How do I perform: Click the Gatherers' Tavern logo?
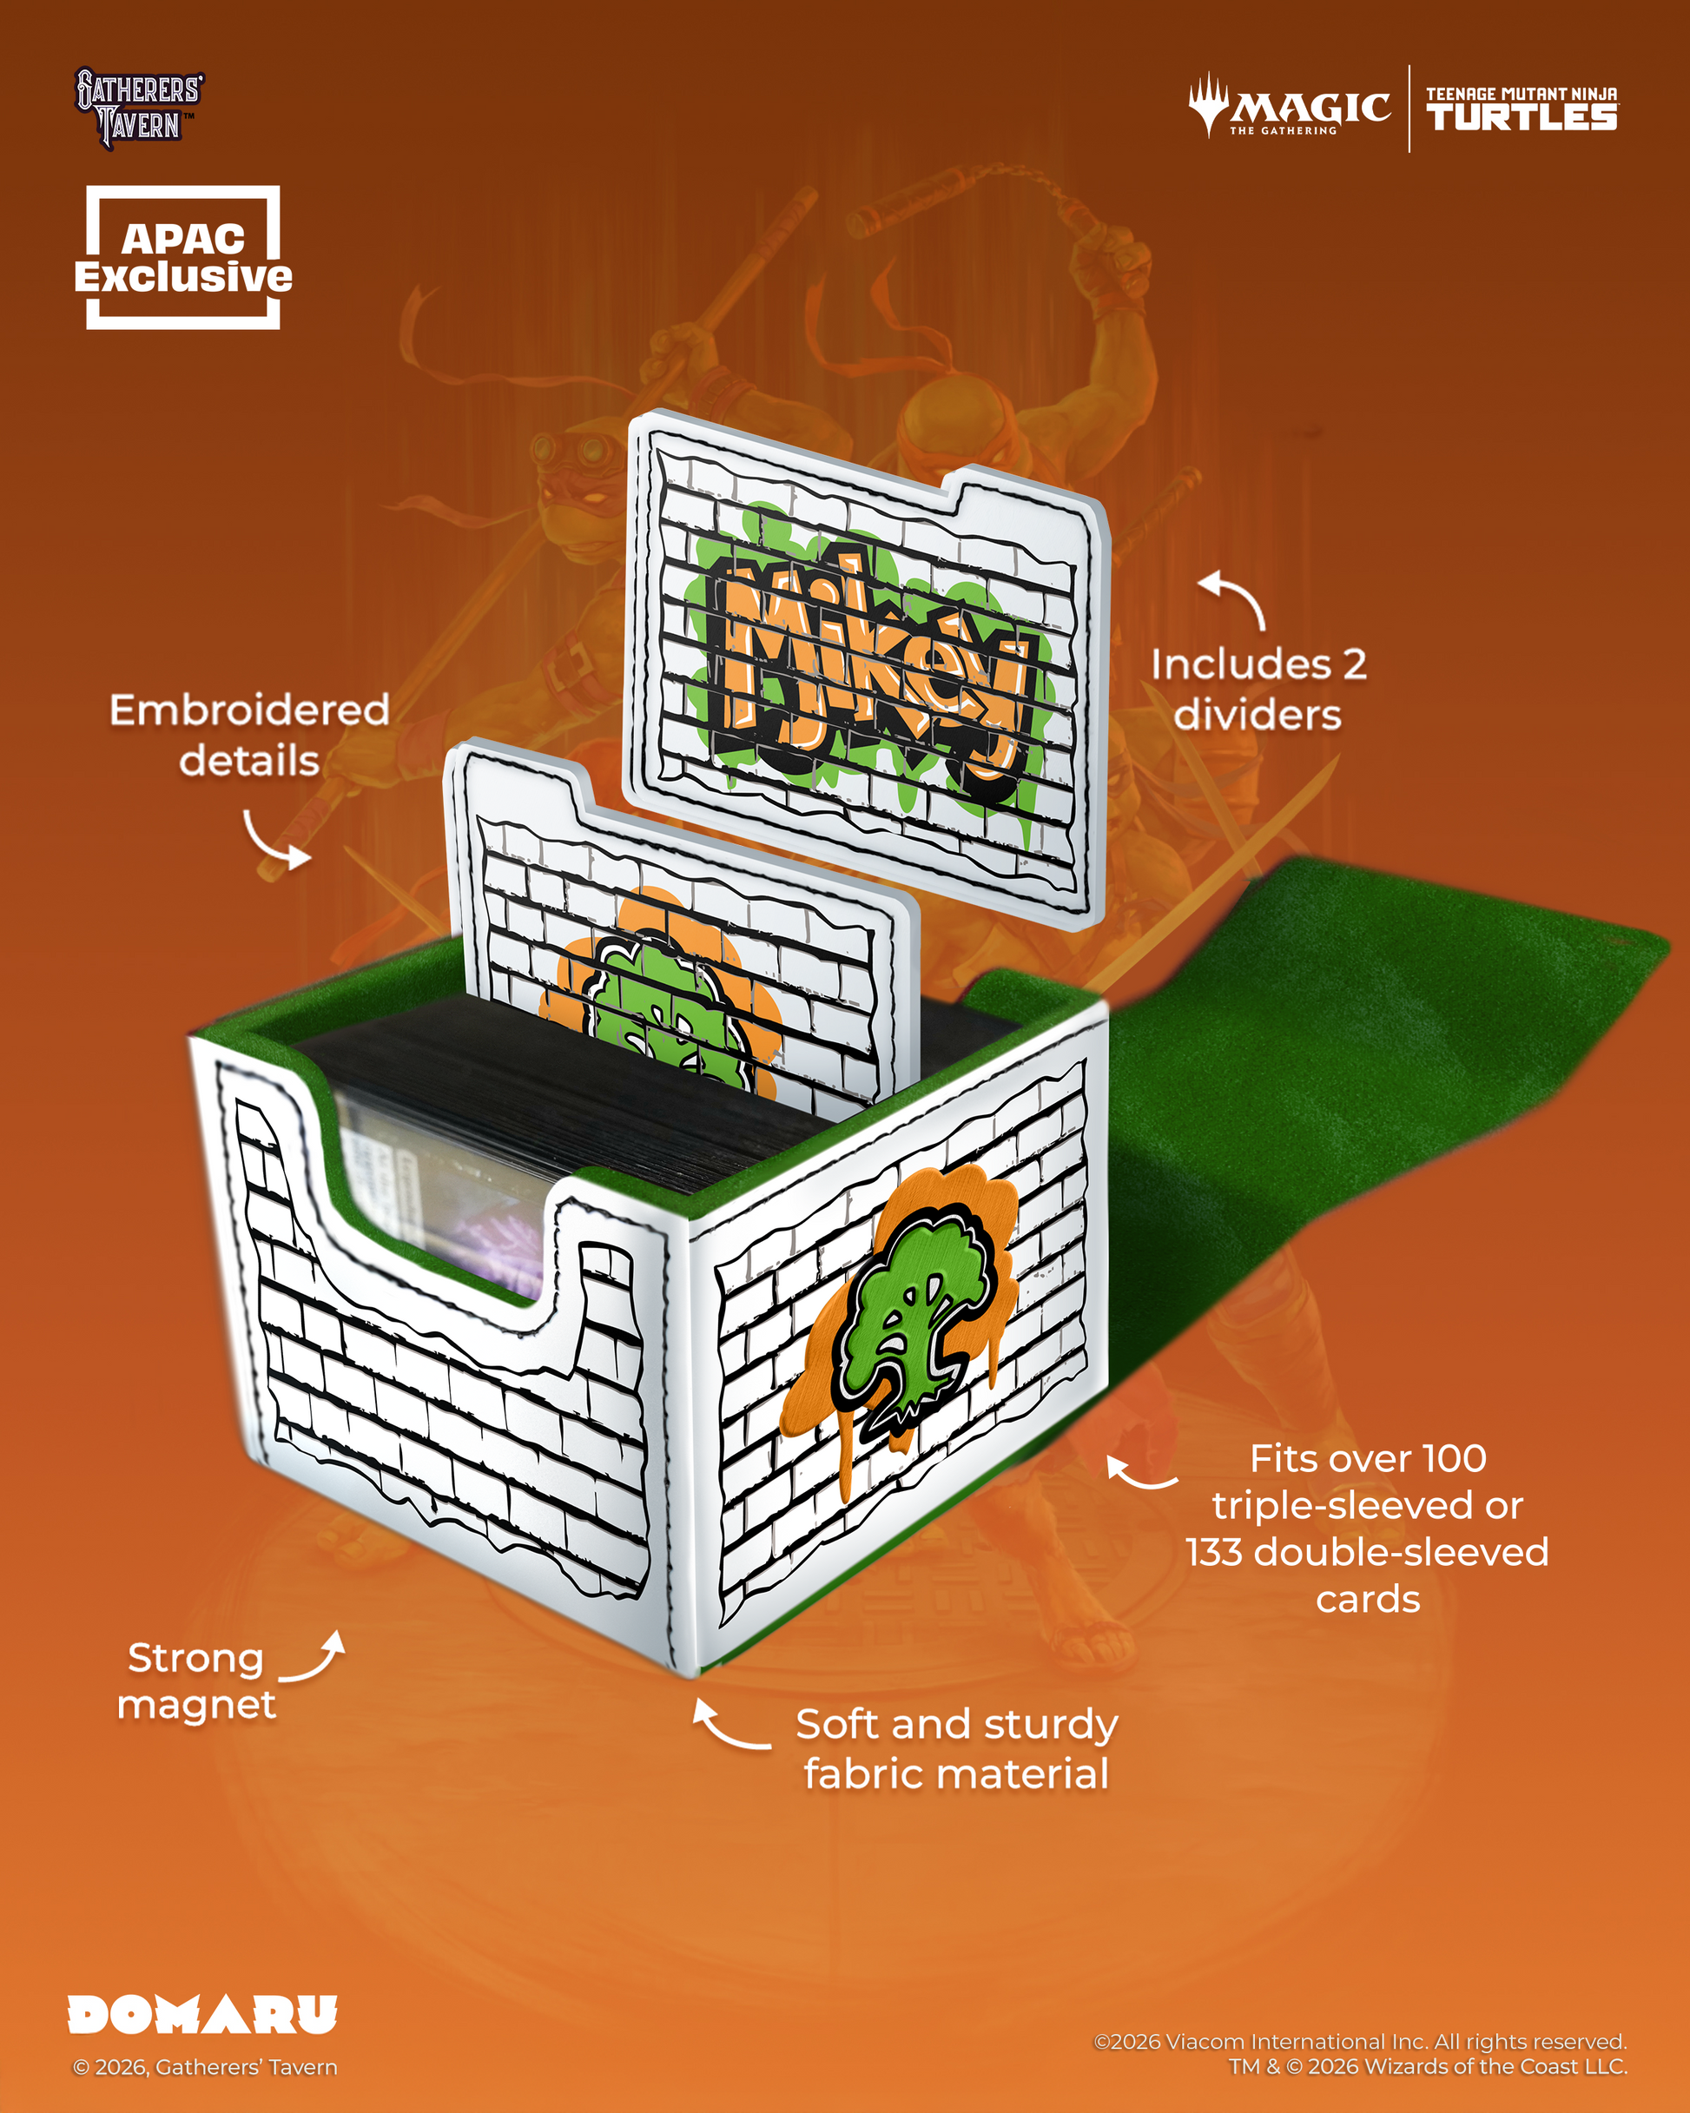[x=139, y=108]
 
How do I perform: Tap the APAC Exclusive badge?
[x=183, y=258]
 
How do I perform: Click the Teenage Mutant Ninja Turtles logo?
[x=1522, y=109]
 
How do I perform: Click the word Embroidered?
[x=249, y=710]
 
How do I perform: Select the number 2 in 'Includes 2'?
[x=1355, y=664]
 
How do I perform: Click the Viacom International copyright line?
[x=1360, y=2042]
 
